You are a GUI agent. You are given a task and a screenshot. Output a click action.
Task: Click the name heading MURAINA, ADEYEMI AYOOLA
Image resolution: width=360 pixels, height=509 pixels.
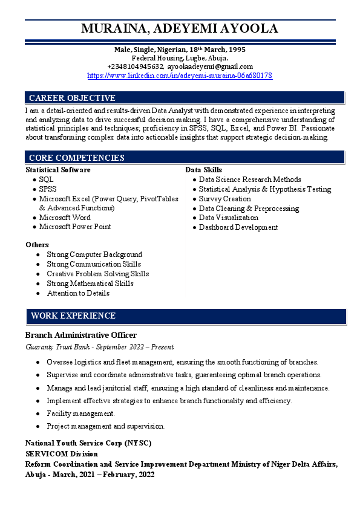coord(180,28)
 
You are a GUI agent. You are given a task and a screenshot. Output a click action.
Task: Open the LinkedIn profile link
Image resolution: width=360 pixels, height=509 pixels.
coord(180,76)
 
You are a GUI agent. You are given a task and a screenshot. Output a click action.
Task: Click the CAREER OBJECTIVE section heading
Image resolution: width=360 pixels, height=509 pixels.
coord(72,98)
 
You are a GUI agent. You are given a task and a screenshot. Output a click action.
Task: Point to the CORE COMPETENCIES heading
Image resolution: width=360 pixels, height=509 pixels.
coord(77,158)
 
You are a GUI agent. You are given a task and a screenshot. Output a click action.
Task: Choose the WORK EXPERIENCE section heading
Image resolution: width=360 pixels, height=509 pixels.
coord(73,316)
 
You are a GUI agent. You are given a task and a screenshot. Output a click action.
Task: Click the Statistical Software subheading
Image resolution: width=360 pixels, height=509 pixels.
coord(58,170)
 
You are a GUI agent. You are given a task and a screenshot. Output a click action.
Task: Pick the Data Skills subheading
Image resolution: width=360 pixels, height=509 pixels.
coord(203,170)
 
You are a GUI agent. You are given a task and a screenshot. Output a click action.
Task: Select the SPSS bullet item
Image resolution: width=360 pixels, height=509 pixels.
coord(48,189)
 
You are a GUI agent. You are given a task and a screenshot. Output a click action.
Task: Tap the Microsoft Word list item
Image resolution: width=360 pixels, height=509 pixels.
coord(65,217)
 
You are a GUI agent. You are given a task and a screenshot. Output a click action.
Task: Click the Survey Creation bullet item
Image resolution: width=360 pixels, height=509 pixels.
coord(224,199)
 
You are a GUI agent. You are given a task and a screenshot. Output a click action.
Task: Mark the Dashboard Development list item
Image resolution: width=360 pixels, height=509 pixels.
coord(238,227)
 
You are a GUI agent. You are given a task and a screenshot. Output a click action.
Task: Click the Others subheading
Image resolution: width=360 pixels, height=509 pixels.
coord(38,245)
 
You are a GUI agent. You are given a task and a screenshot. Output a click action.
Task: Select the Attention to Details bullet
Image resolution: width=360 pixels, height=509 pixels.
coord(78,293)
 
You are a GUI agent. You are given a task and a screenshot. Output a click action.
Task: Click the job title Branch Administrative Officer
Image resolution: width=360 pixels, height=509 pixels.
coord(81,335)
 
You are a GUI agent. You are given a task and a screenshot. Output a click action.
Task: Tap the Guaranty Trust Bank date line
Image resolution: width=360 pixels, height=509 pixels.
coord(100,347)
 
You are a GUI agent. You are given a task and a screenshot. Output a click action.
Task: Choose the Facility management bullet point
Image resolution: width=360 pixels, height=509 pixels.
coord(80,413)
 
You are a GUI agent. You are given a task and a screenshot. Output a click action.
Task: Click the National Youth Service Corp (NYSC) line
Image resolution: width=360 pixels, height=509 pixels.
coord(88,443)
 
